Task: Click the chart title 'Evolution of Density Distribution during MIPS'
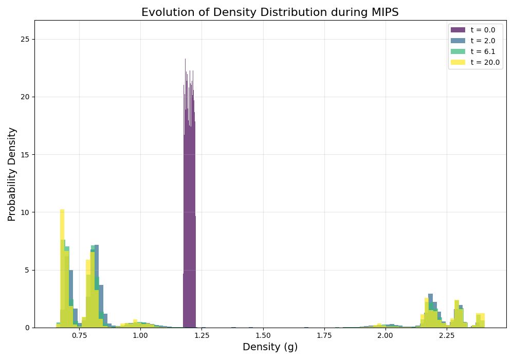270,12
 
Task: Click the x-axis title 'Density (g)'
270,347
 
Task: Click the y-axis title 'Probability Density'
12,174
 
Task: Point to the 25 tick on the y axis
25,39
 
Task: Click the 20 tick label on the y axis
25,97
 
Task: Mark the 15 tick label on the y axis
25,154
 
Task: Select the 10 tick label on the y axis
25,212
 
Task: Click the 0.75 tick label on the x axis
79,335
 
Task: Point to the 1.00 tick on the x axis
140,335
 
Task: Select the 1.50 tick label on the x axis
263,335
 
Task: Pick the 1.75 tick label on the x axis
324,335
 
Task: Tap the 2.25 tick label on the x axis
447,335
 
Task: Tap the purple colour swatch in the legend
457,30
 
